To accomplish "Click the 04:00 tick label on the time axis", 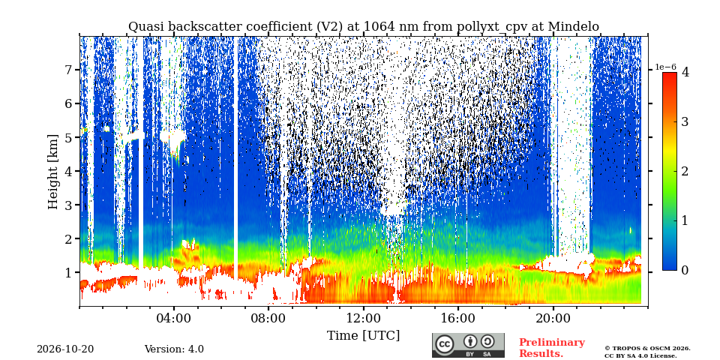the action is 174,318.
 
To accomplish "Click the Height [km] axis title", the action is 53,172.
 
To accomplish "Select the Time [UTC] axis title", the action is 363,336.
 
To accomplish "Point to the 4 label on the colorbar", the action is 685,72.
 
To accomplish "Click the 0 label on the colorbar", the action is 685,271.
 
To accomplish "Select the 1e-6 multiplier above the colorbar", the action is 665,67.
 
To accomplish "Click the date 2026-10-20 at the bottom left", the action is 65,349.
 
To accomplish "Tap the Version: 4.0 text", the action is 174,349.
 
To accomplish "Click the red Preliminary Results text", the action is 552,348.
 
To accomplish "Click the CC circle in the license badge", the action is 444,345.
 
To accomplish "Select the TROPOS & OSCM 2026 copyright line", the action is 647,349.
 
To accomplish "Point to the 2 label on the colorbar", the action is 685,171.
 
